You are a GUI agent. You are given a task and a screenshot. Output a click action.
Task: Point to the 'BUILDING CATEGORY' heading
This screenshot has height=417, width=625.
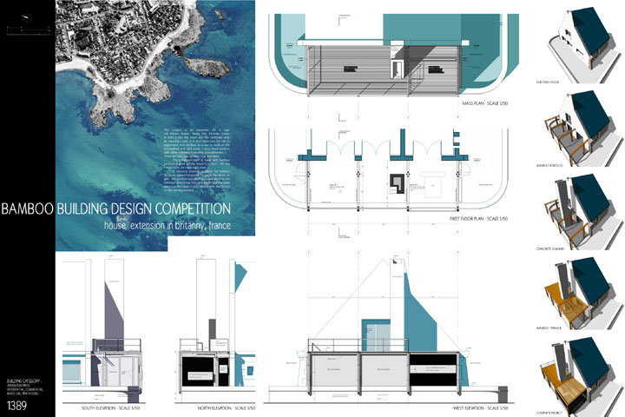[x=24, y=381]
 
